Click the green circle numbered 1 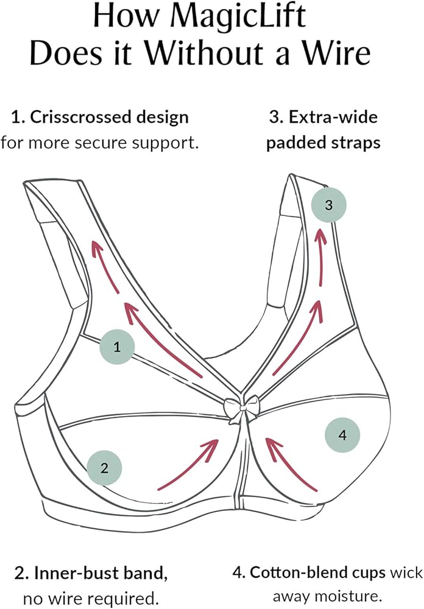117,347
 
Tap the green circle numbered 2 104,468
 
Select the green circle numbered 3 329,205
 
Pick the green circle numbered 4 342,435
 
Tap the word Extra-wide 333,117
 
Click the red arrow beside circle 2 188,464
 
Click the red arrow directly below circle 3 322,257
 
